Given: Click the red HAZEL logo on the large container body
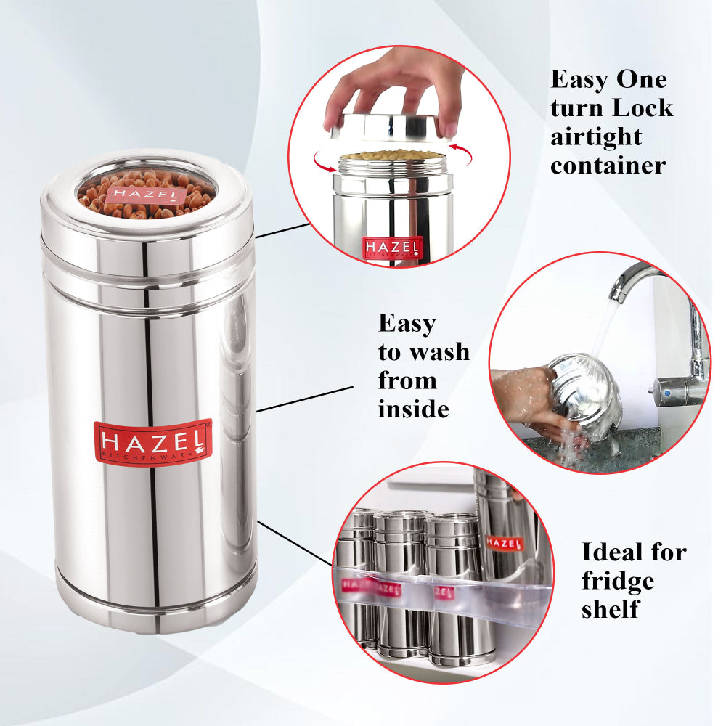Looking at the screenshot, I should (152, 443).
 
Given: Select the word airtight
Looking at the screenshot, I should (595, 136).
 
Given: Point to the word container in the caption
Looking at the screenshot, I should (607, 165).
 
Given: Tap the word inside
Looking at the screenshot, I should (413, 409).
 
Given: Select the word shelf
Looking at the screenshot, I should (610, 608).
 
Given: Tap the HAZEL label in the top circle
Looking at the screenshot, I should (392, 248).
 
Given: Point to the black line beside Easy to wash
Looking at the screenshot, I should (305, 399).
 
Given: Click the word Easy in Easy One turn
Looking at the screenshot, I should (581, 78).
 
